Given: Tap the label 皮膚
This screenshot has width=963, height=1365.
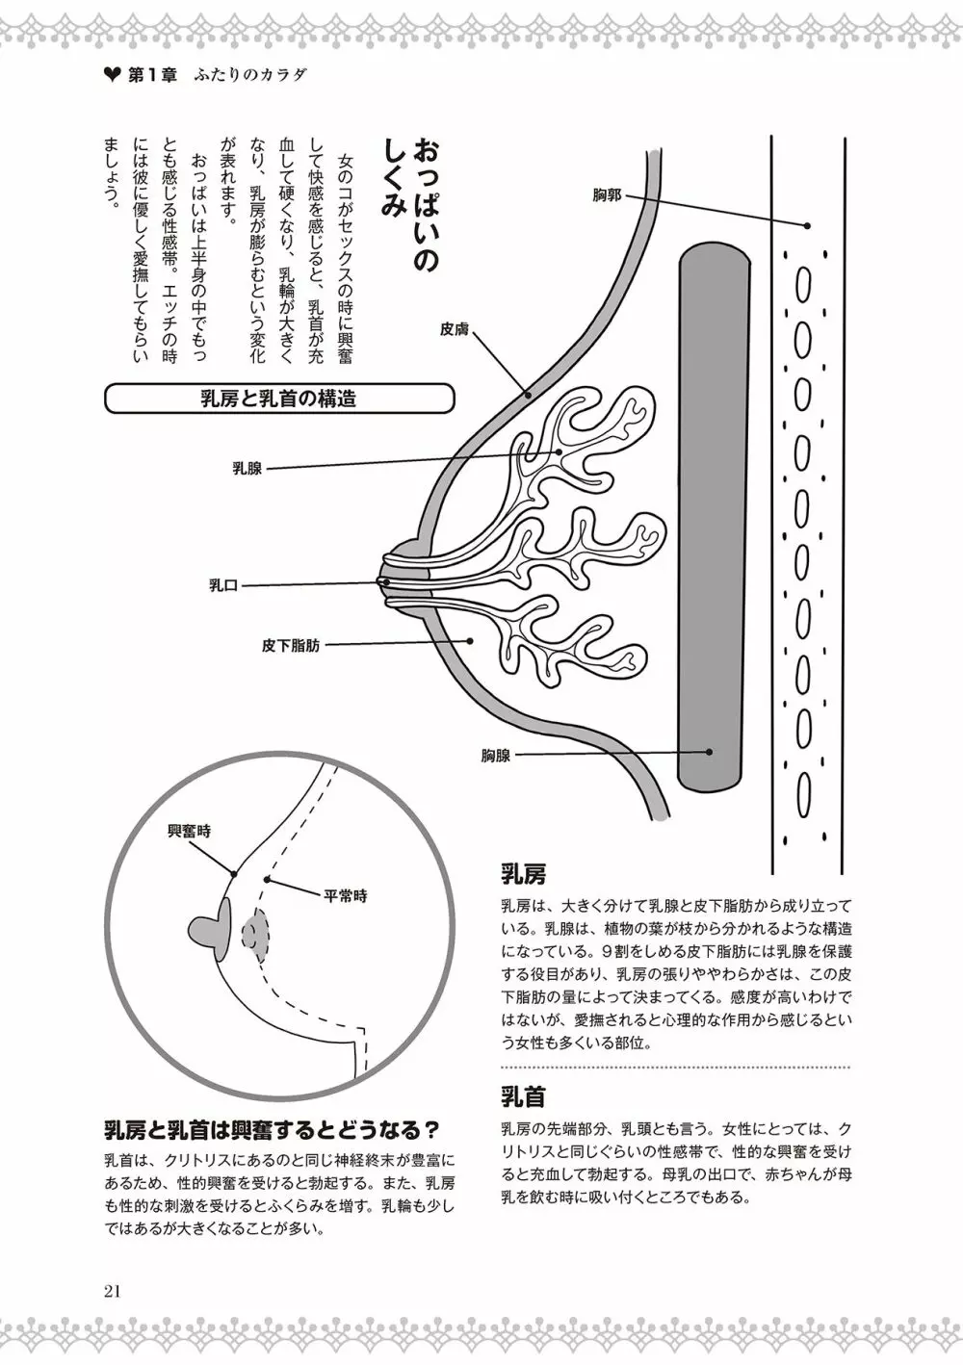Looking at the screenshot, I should point(455,329).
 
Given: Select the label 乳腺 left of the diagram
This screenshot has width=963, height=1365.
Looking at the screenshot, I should point(247,469).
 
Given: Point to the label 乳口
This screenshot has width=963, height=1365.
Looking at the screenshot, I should point(223,584).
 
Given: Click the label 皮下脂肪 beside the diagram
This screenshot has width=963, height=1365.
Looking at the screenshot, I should point(291,646).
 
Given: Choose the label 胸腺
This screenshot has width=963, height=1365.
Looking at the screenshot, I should point(496,756).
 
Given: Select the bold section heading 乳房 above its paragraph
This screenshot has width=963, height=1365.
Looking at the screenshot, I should point(524,874).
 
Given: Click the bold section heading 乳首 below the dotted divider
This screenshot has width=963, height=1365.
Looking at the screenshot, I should point(524,1096).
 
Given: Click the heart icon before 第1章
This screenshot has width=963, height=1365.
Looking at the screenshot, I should point(111,75).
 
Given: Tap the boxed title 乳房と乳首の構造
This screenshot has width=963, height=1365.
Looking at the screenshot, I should point(278,399).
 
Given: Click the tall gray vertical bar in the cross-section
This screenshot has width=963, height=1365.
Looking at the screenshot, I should point(714,515).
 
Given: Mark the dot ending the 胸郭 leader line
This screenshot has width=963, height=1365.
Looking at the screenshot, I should point(807,225).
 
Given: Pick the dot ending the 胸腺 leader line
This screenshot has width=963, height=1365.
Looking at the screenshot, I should point(709,752).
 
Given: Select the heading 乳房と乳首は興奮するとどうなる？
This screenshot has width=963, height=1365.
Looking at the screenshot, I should point(273,1128).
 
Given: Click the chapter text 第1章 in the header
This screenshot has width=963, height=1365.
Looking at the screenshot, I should point(151,75).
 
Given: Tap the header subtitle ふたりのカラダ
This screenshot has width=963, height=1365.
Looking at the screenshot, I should point(249,75).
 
